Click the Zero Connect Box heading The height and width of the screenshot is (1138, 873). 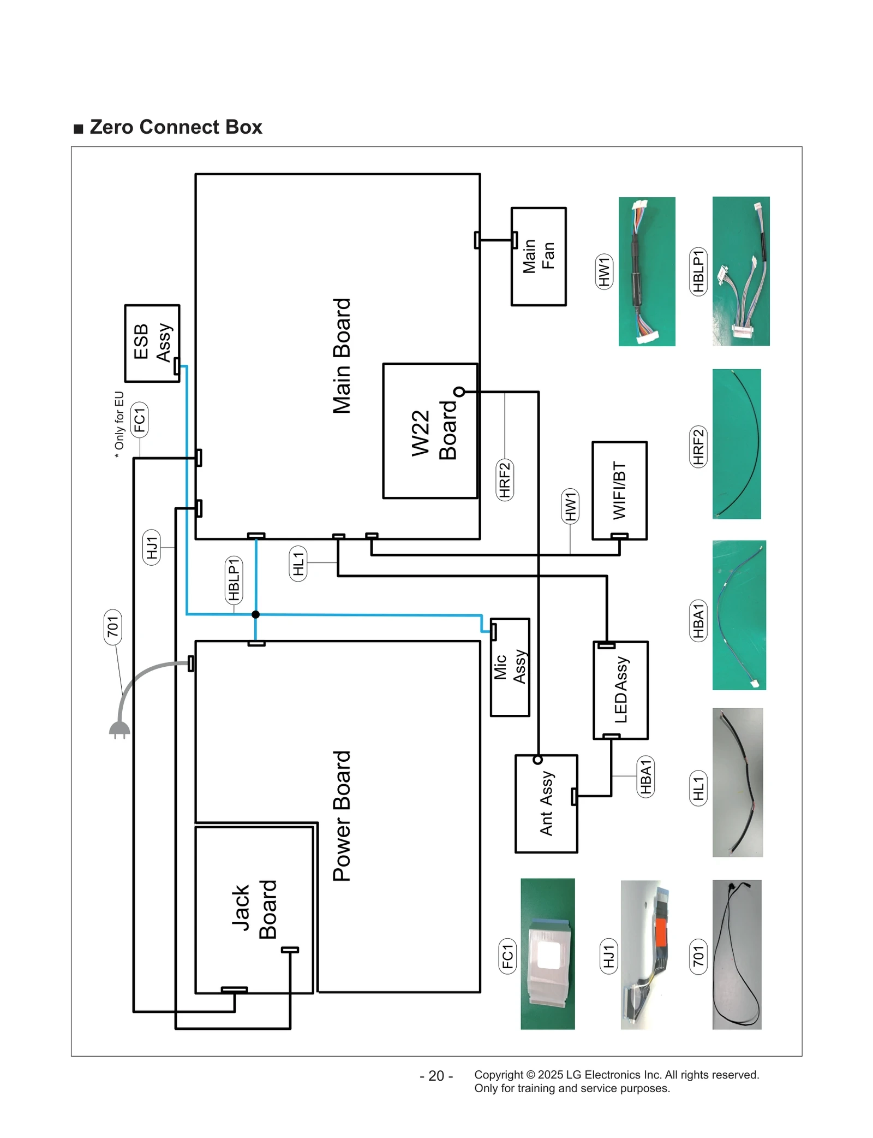pos(175,127)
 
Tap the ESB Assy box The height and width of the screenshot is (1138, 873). pos(152,343)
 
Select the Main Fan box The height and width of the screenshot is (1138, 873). pos(538,256)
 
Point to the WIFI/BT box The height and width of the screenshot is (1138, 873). pos(619,490)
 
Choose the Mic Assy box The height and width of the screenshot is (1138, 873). pos(510,667)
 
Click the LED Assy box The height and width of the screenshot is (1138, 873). pos(620,690)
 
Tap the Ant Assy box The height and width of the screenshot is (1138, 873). pos(546,803)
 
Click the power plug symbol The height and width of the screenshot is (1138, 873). pos(119,730)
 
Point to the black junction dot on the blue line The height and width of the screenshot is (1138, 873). pos(255,614)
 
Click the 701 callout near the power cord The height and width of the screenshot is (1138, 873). pos(112,626)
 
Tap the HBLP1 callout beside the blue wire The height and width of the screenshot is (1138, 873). pos(234,579)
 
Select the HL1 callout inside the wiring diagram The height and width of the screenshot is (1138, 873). pos(298,563)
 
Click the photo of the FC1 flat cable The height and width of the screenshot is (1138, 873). pos(547,954)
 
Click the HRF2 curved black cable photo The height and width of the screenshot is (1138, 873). pos(736,444)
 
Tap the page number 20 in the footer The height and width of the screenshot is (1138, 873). pos(436,1075)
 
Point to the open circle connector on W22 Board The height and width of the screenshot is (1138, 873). pos(459,392)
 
